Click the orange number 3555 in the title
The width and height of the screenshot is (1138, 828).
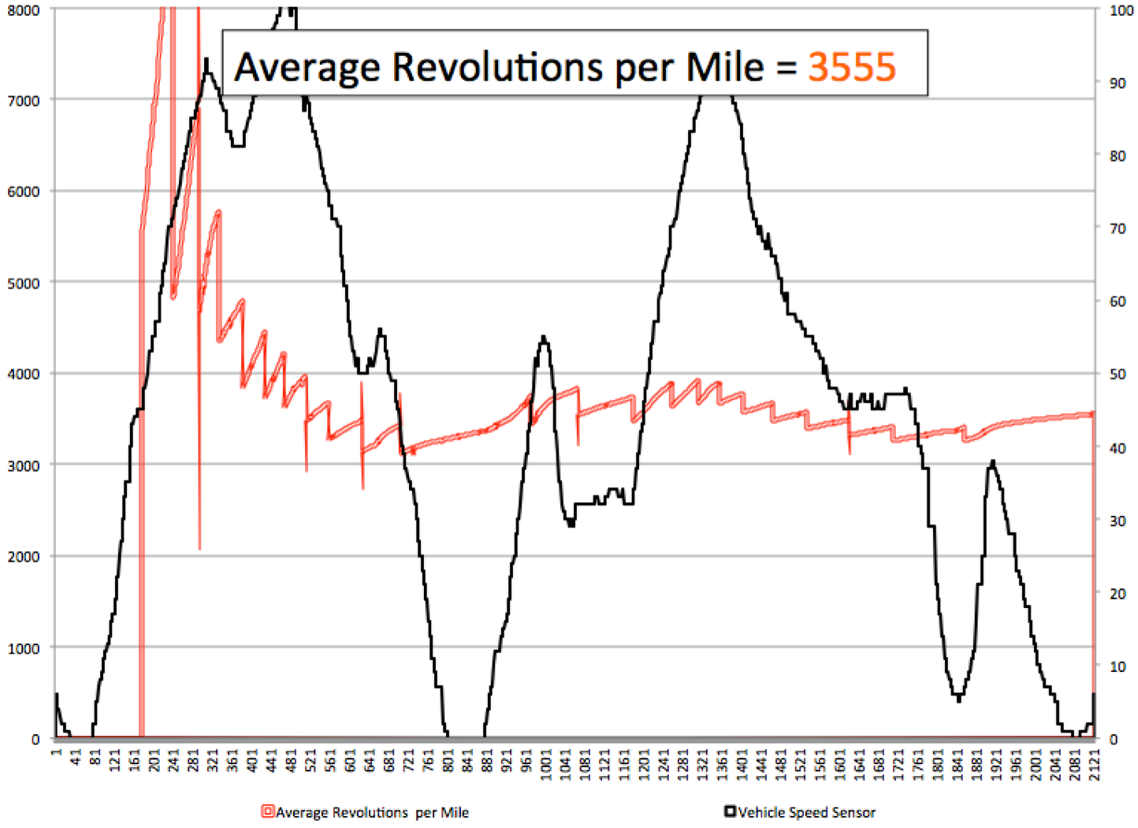(852, 66)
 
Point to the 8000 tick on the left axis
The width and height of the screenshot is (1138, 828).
(24, 10)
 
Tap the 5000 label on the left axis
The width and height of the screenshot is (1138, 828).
(24, 283)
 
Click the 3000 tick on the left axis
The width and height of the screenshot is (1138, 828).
(24, 465)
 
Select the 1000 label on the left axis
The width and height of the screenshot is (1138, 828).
(24, 648)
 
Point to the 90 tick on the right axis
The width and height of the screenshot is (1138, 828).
(1118, 83)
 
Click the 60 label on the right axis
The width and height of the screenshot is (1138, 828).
(1118, 301)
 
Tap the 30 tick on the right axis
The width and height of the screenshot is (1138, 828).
(1118, 520)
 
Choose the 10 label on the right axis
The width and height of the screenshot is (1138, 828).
(1118, 666)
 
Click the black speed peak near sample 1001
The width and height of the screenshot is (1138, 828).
(544, 338)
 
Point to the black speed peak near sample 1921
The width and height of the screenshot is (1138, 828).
(993, 461)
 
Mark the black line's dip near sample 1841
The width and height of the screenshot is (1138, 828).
(958, 699)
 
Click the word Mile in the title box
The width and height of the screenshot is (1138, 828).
(725, 66)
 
